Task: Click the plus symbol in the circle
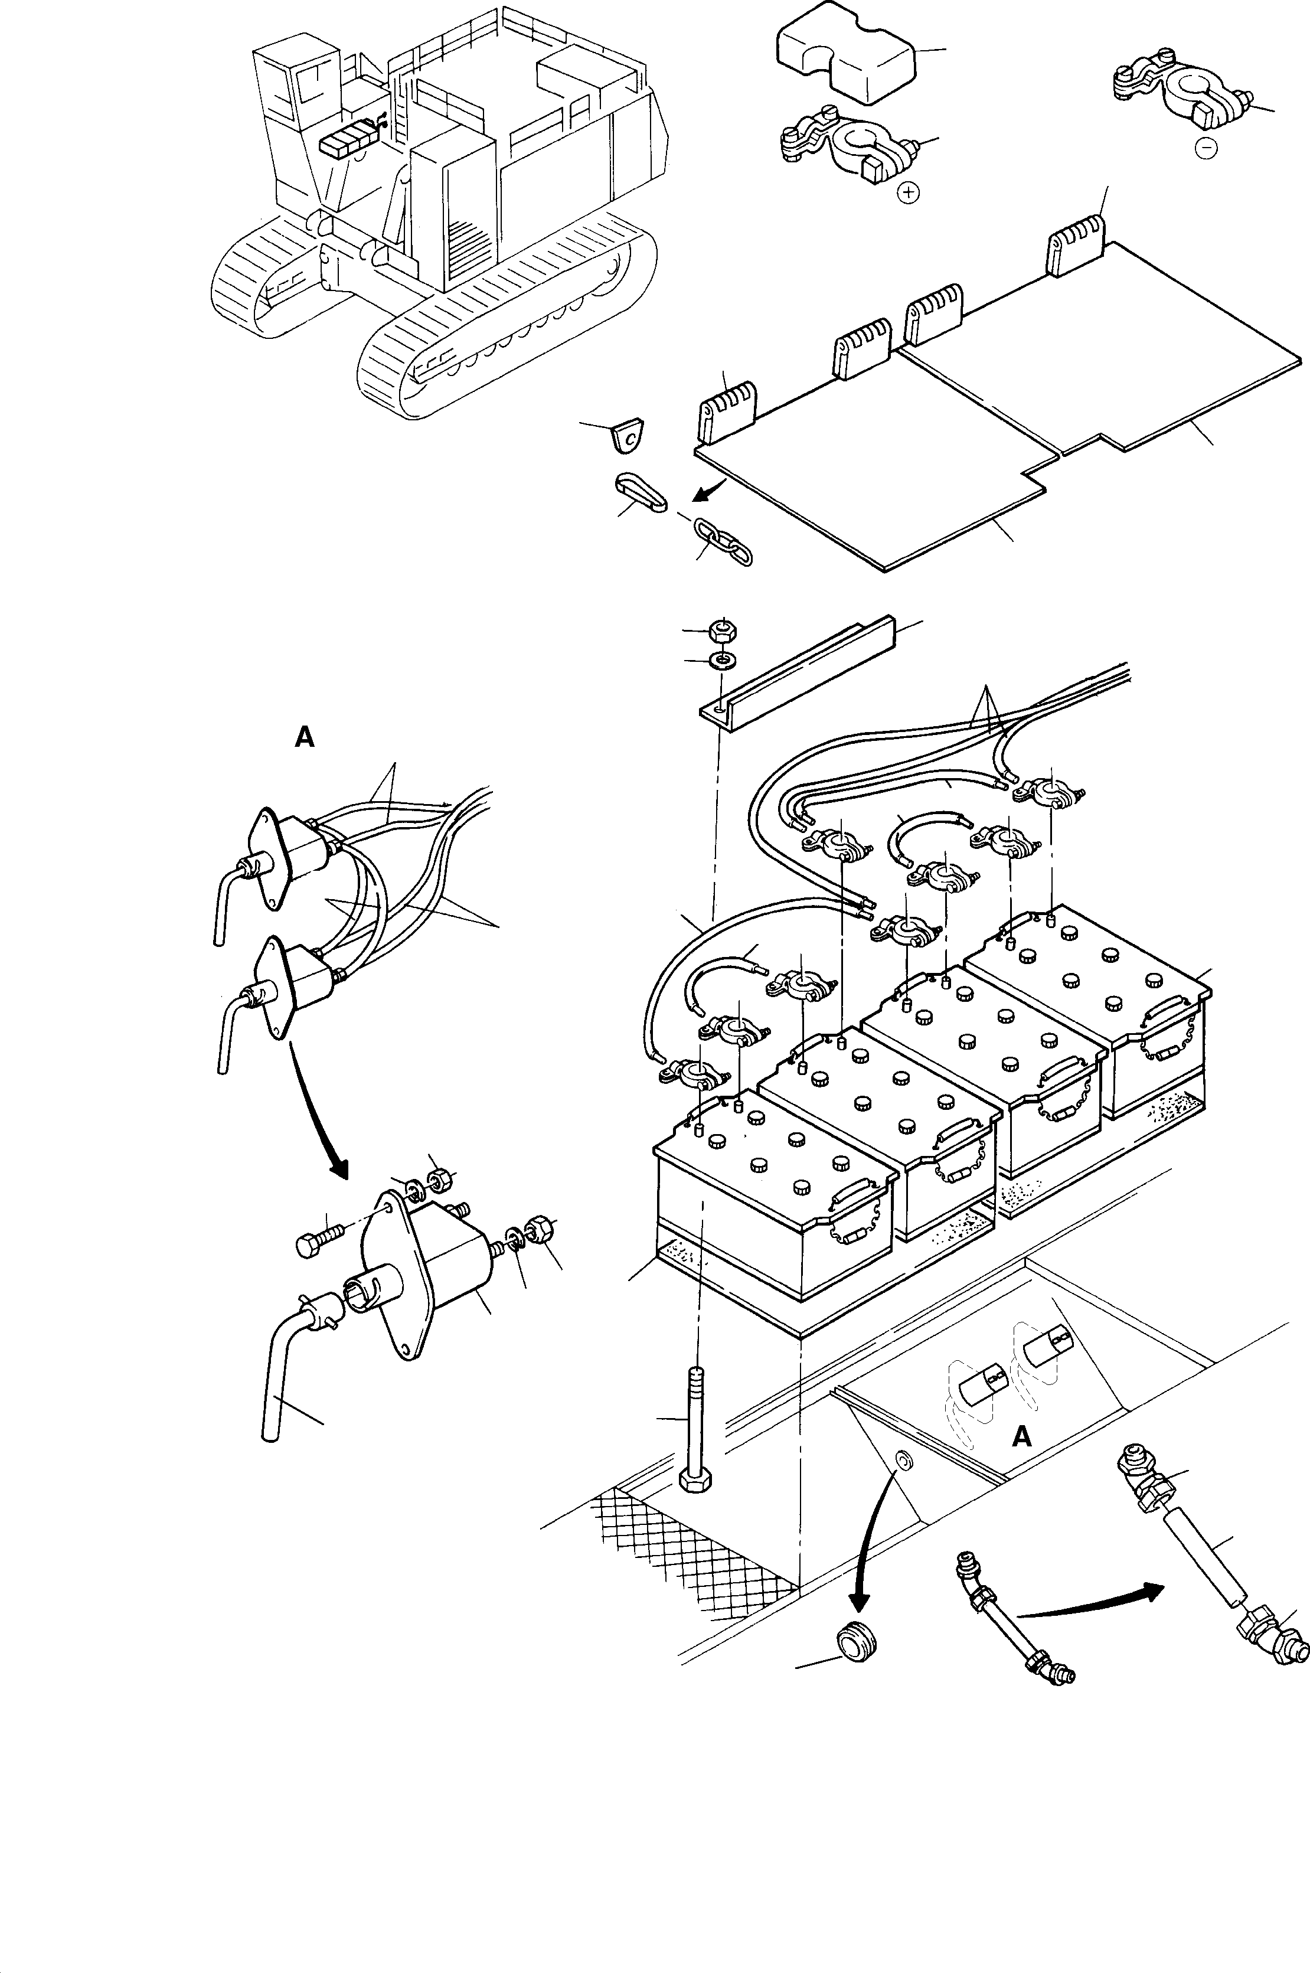point(907,193)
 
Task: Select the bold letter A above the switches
point(305,737)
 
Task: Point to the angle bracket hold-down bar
point(797,668)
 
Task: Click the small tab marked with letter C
point(629,435)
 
